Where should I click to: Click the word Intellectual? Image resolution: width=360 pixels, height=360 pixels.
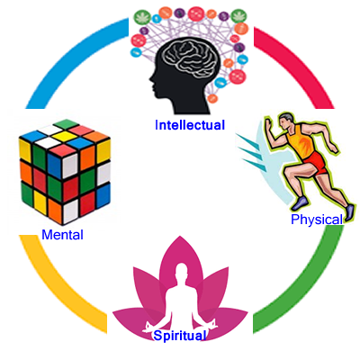(190, 125)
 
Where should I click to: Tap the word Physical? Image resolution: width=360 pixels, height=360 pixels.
(317, 220)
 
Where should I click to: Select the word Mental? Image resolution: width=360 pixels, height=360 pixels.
(62, 235)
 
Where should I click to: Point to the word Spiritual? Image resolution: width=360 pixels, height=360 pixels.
(179, 336)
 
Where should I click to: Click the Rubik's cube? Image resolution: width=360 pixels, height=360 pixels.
(65, 172)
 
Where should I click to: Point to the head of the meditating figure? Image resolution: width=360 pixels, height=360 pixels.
(180, 272)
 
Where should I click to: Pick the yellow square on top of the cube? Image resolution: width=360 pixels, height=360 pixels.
(64, 137)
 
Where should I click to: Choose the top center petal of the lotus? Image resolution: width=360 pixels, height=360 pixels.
(180, 258)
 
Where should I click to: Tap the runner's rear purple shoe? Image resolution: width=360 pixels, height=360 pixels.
(299, 204)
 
